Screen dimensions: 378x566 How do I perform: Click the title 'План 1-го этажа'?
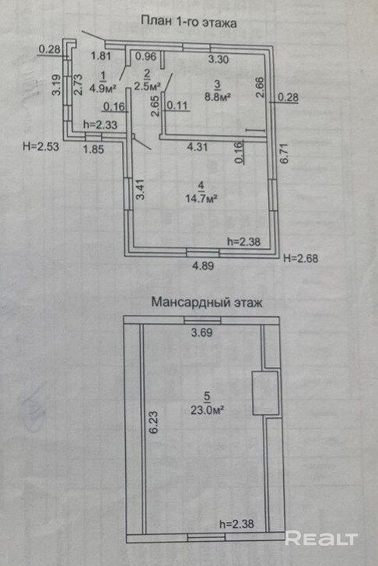point(188,22)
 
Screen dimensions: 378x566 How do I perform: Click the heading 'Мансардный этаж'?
point(207,302)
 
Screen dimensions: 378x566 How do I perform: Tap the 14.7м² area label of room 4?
point(201,198)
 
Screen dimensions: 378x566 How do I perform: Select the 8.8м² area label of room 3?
point(217,96)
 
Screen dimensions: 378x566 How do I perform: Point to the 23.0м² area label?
point(207,410)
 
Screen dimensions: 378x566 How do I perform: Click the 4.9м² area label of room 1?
point(103,88)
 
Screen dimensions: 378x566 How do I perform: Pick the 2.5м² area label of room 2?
point(147,86)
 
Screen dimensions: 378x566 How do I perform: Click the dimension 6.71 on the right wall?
point(285,153)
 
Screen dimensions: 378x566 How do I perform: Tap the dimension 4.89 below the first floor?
point(203,266)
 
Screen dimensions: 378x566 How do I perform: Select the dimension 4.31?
point(197,147)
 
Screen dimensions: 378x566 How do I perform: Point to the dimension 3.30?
point(219,59)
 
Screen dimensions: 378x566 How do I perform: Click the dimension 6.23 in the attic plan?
point(153,422)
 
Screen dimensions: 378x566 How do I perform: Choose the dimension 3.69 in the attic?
point(201,333)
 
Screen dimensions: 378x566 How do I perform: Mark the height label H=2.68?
point(301,258)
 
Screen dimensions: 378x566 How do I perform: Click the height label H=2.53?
point(40,146)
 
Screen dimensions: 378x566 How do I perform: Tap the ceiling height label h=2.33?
point(100,124)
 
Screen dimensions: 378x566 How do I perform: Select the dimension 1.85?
point(93,148)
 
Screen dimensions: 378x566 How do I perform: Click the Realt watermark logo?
point(321,539)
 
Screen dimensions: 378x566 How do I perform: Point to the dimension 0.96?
point(146,56)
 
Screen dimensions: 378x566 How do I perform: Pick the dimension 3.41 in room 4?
point(140,190)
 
